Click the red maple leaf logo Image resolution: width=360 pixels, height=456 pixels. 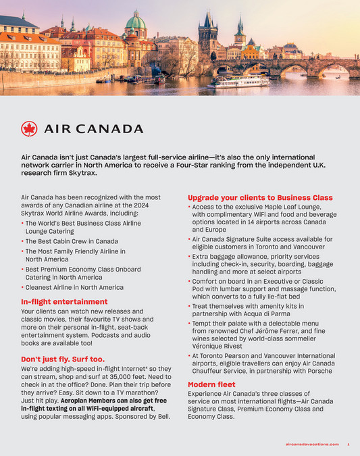tap(29, 128)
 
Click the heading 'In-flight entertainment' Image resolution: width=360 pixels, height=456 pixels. tap(64, 301)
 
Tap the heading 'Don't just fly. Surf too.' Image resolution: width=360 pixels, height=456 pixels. tap(63, 359)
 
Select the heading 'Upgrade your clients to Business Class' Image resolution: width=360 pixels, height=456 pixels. tap(260, 197)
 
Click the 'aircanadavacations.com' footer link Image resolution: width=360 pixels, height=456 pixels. tap(311, 444)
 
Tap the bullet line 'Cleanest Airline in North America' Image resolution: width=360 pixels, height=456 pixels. tap(74, 287)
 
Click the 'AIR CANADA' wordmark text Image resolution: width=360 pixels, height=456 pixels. tap(94, 128)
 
